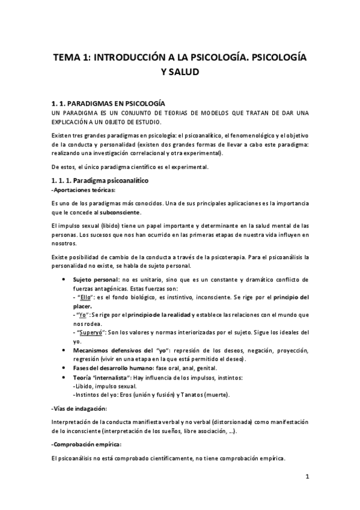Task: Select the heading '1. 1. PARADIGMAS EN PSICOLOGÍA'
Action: click(109, 103)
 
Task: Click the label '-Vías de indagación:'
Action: click(75, 408)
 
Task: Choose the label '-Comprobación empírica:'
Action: click(86, 444)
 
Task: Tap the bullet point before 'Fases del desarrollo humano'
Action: click(64, 368)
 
